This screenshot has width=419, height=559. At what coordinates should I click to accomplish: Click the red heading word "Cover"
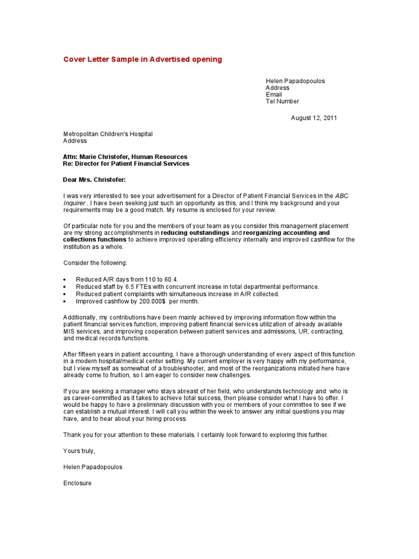coord(75,60)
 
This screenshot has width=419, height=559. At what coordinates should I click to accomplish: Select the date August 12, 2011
coord(314,118)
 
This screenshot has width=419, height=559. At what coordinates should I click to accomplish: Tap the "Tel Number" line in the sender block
coord(282,102)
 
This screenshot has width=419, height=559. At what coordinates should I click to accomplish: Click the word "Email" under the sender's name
coord(274,94)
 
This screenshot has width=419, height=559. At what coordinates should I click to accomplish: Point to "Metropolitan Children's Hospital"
coord(108,134)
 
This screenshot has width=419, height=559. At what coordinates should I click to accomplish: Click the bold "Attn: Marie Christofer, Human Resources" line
coord(125,157)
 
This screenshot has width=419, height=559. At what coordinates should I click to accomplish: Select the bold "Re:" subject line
coord(126,164)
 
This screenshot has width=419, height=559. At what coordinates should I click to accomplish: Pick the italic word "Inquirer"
coord(75,203)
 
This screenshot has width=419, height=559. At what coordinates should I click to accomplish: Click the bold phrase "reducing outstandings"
coord(195,233)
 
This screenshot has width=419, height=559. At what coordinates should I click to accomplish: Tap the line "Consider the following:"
coord(95,263)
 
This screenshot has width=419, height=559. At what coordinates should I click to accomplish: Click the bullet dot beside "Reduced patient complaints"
coord(65,294)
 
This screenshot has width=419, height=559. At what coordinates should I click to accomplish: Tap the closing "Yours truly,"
coord(79,451)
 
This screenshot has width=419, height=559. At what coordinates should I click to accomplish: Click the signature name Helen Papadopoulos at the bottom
coord(93,467)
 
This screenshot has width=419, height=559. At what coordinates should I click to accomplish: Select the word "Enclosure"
coord(77,483)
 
